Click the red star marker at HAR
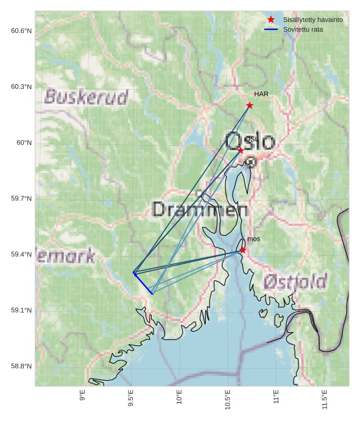250,105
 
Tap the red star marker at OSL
241,150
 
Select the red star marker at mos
242,250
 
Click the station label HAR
261,94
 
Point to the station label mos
253,239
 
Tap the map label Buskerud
86,97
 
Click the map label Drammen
200,210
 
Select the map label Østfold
295,281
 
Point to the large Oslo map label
250,141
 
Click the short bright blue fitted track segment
143,283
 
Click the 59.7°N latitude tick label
21,199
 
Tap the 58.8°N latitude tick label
21,366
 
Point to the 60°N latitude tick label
24,143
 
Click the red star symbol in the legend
271,20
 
